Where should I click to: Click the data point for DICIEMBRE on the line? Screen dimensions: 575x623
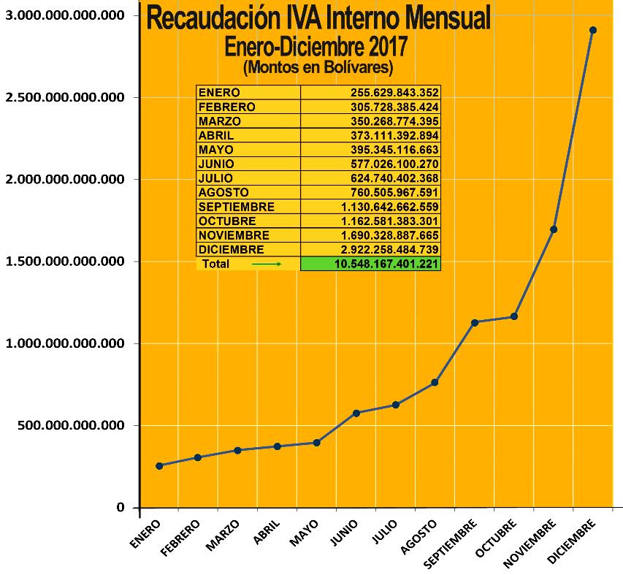(x=593, y=30)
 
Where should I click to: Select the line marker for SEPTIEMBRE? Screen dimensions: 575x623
(x=475, y=322)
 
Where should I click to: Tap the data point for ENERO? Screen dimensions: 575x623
(x=159, y=465)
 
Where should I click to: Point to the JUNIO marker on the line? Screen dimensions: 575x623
(x=356, y=413)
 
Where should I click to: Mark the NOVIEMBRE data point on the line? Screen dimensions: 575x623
(x=554, y=229)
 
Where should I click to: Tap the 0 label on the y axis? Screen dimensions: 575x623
(x=121, y=508)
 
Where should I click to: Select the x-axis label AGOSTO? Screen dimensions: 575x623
(x=419, y=536)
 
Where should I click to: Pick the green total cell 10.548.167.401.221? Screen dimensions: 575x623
(x=370, y=264)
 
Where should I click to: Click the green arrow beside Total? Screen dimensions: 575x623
(x=267, y=264)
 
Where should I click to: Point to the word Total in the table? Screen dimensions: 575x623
(x=216, y=264)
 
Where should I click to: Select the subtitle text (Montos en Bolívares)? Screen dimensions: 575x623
(x=318, y=67)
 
